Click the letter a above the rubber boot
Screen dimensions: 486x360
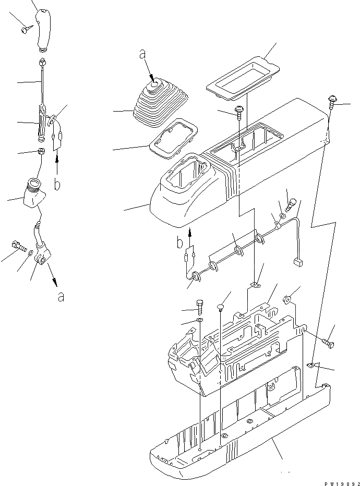click(x=141, y=53)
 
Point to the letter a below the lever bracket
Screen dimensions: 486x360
click(x=62, y=297)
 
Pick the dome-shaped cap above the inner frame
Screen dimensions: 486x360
click(x=221, y=306)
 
